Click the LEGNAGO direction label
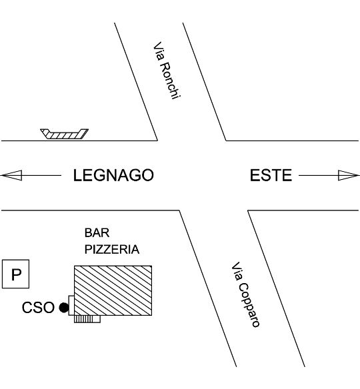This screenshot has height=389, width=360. pyautogui.click(x=113, y=175)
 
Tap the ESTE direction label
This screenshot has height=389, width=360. pyautogui.click(x=271, y=175)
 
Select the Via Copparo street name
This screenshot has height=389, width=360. pyautogui.click(x=245, y=294)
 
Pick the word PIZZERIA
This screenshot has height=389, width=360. pyautogui.click(x=112, y=249)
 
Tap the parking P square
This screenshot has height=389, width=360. pyautogui.click(x=15, y=274)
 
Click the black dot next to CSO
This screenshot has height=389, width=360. pyautogui.click(x=63, y=308)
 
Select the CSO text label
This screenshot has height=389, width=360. pyautogui.click(x=38, y=307)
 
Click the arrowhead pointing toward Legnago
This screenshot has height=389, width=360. pyautogui.click(x=11, y=175)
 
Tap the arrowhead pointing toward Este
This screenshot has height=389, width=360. pyautogui.click(x=349, y=175)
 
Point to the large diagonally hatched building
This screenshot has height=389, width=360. pyautogui.click(x=113, y=290)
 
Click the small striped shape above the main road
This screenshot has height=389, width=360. pyautogui.click(x=65, y=134)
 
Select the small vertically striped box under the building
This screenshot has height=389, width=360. pyautogui.click(x=87, y=319)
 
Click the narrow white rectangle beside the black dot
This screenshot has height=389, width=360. pyautogui.click(x=71, y=305)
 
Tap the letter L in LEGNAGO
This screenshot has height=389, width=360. pyautogui.click(x=77, y=175)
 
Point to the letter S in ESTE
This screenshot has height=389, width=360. pyautogui.click(x=265, y=175)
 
